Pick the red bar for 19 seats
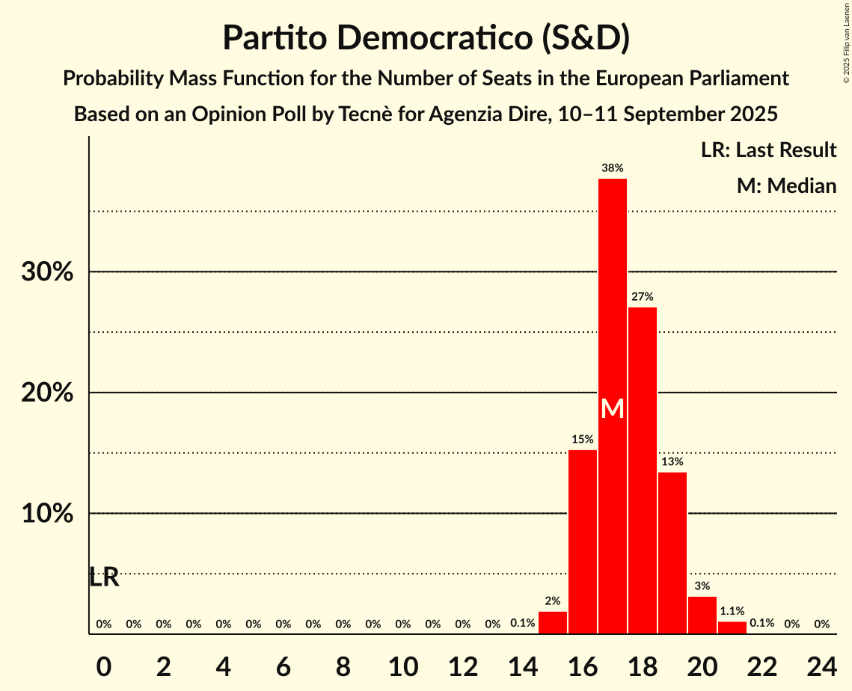click(x=672, y=553)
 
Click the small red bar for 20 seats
click(x=702, y=615)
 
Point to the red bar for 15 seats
click(x=553, y=622)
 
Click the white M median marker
click(x=613, y=408)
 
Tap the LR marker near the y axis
click(x=104, y=577)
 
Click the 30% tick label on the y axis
click(x=47, y=272)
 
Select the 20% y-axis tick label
click(x=47, y=393)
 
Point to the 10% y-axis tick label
click(x=47, y=515)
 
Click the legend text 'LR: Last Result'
click(x=768, y=150)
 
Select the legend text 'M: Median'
click(x=786, y=185)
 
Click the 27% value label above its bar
click(x=643, y=297)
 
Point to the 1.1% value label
click(x=732, y=611)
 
